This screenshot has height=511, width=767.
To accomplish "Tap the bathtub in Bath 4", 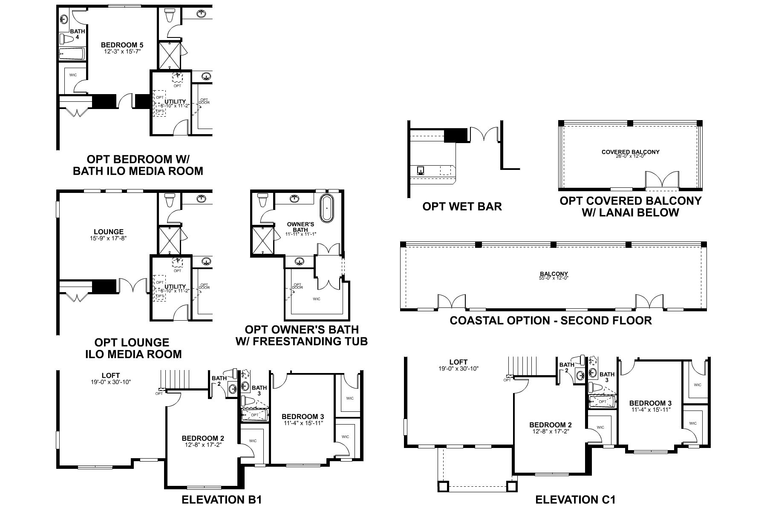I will (x=72, y=54).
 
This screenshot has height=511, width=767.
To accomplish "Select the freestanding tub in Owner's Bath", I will (x=328, y=208).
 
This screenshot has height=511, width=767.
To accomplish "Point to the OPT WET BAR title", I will (x=462, y=207).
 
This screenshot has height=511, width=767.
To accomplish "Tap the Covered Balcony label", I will (x=630, y=152).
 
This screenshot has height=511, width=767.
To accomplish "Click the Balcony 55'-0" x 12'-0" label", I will (x=554, y=274).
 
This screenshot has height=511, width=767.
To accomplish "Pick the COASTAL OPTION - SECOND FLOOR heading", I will (x=551, y=320).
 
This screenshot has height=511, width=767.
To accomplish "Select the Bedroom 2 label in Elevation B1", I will (x=203, y=438).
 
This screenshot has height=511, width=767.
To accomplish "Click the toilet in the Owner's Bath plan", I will (x=263, y=199).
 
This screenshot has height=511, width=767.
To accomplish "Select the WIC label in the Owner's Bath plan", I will (x=316, y=299).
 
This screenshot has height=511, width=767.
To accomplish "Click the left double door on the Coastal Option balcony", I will (x=452, y=301).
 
